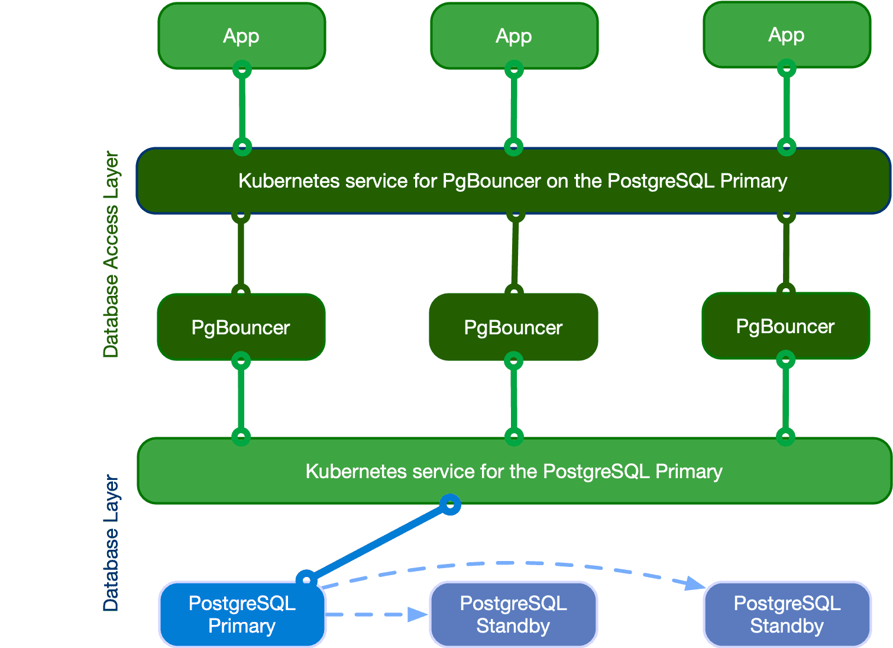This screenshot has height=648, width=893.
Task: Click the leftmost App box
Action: click(x=241, y=36)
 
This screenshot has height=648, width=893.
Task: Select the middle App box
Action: click(x=514, y=36)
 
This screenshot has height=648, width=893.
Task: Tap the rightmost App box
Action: click(x=787, y=34)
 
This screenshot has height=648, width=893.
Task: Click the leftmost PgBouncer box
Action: click(x=241, y=327)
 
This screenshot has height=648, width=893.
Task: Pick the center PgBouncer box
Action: click(x=513, y=327)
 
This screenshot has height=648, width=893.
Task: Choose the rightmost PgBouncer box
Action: click(x=785, y=326)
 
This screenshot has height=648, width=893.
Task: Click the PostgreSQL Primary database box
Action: click(x=242, y=614)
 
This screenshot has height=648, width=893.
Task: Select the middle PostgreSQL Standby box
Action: click(x=513, y=614)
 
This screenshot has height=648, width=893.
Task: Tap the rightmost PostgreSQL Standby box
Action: click(x=787, y=614)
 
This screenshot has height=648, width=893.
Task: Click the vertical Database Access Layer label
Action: click(x=111, y=254)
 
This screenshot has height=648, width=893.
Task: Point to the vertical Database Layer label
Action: click(x=111, y=543)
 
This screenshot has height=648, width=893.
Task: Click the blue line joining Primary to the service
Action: click(x=378, y=541)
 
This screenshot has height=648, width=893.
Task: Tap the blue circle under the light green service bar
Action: click(x=450, y=504)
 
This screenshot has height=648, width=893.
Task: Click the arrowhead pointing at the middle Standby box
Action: click(x=418, y=614)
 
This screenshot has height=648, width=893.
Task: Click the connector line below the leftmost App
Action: click(x=242, y=108)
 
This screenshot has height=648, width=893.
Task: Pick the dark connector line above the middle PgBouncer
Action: click(x=515, y=253)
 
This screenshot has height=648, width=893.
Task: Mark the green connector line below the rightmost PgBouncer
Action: click(x=785, y=398)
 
